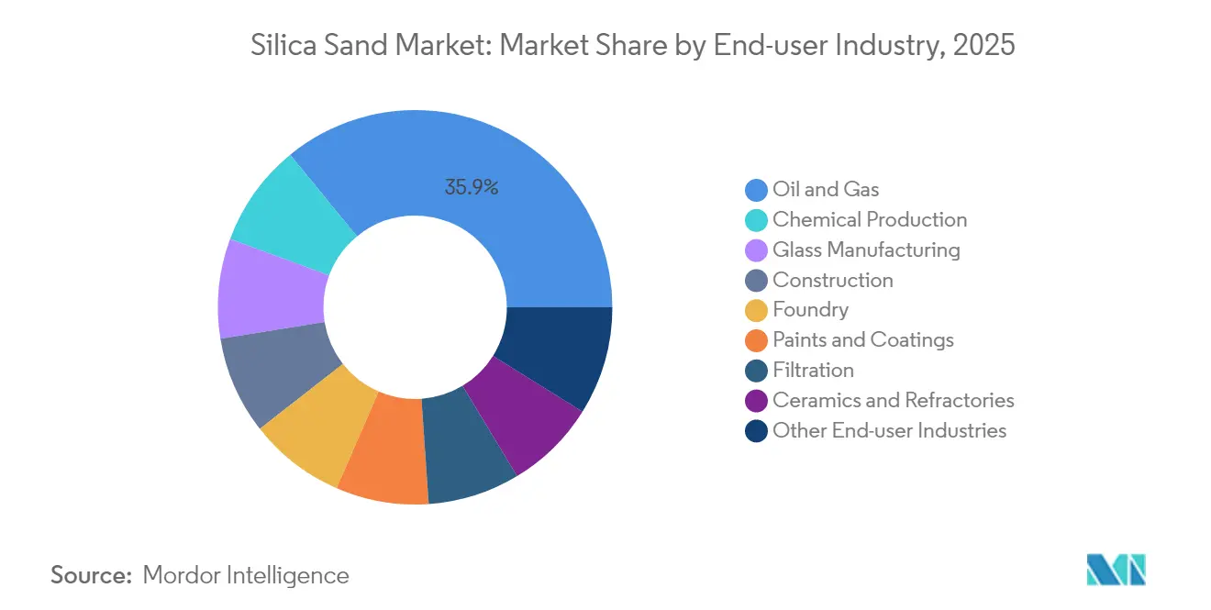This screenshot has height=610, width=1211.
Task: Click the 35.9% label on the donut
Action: (472, 188)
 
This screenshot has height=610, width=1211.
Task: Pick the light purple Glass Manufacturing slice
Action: (271, 288)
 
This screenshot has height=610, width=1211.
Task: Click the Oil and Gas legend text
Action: (826, 190)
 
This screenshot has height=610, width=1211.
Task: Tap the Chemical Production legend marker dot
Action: (756, 220)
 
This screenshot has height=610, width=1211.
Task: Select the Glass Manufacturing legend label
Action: (866, 250)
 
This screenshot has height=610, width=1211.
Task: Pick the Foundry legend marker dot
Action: (756, 310)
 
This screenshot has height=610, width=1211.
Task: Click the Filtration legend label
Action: (813, 371)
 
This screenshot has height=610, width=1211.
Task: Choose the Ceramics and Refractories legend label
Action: (893, 400)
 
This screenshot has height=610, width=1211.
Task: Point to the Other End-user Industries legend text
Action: (889, 430)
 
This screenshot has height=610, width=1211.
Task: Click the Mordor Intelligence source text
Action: (246, 575)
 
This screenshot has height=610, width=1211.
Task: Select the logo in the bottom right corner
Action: (1116, 570)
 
